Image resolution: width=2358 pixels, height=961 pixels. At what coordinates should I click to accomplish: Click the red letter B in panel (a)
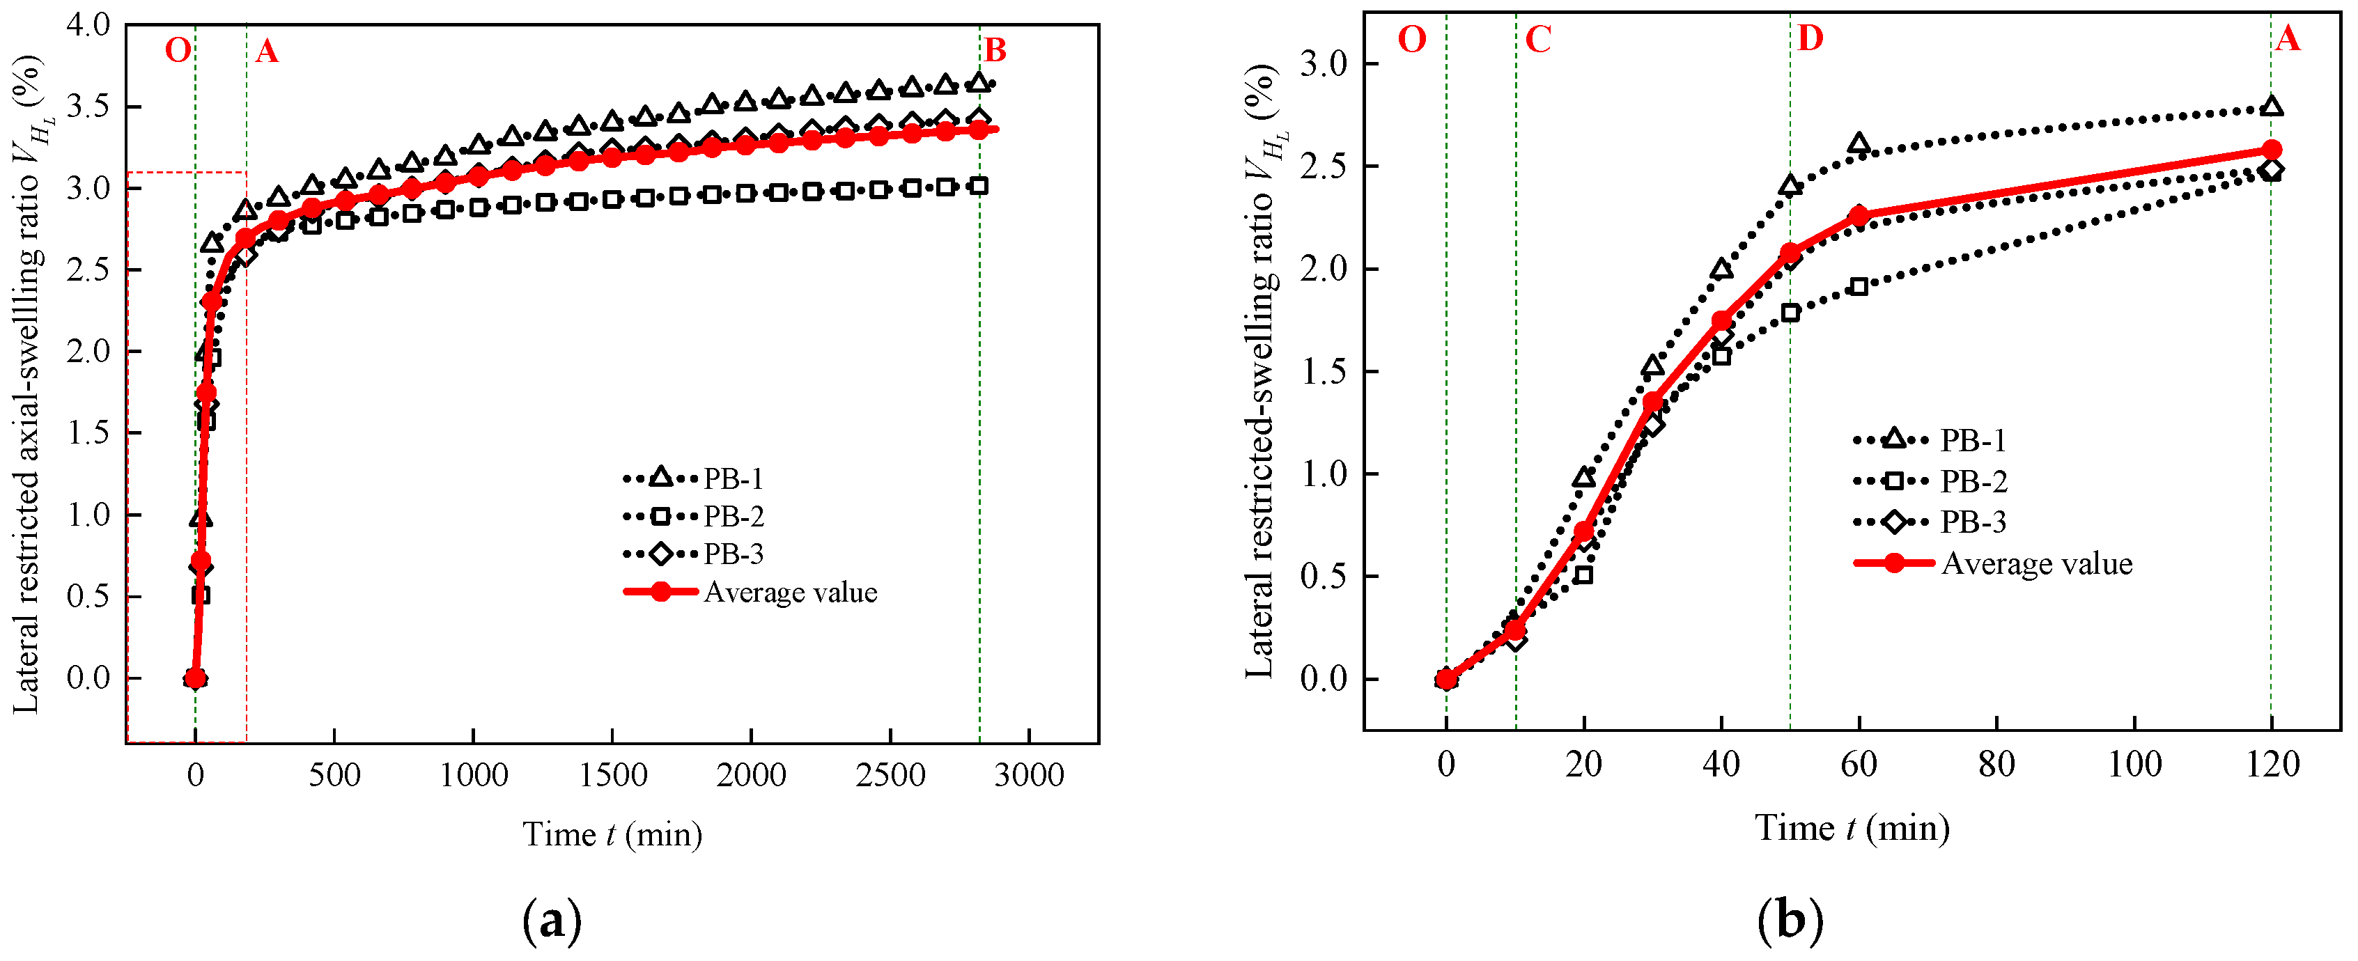pos(995,50)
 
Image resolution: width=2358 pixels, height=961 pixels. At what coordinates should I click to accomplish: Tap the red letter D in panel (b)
pos(1810,38)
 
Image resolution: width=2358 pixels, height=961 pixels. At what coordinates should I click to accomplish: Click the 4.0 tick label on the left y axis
pos(88,24)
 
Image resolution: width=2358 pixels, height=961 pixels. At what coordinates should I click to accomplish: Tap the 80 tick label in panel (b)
pos(1996,764)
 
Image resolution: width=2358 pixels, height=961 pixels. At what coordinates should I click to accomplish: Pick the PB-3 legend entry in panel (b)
pos(1973,522)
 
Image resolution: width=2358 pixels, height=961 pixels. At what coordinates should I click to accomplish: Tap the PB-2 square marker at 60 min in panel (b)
pos(1859,286)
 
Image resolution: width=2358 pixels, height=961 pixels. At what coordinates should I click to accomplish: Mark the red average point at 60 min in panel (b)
pos(1859,216)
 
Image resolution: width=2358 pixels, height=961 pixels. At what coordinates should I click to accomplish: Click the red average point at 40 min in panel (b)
pos(1721,320)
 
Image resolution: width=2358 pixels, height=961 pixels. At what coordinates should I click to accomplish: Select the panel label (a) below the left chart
pos(552,921)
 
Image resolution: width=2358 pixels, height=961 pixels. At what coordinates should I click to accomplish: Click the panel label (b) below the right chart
pos(1790,921)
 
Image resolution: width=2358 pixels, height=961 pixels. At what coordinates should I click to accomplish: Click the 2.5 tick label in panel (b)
pos(1324,166)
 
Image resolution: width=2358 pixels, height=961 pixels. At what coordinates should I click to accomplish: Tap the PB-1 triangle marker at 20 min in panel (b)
pos(1583,478)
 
